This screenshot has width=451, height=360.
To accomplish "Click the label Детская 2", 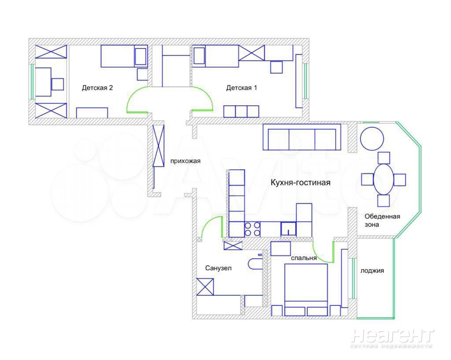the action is point(97,88).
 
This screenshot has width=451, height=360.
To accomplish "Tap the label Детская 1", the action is point(241,88).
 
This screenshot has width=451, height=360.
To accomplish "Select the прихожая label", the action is point(185,161).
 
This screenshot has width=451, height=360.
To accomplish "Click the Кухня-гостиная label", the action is point(300,182).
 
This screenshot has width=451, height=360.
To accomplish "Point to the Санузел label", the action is point(218,268).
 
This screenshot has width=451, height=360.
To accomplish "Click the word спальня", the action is point(304,258).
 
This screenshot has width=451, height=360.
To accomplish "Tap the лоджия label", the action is point(372,271).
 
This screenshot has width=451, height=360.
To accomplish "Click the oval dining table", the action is point(383,179).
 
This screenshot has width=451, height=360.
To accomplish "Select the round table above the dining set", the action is point(372,139).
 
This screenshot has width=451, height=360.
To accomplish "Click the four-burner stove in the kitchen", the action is point(252,229).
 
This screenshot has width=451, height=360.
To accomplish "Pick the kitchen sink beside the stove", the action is point(288,229).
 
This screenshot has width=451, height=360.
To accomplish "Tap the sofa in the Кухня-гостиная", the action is point(302,137).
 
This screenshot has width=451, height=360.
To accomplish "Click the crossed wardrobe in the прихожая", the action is point(159,145).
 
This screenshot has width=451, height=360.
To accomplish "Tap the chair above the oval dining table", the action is point(384,158).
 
